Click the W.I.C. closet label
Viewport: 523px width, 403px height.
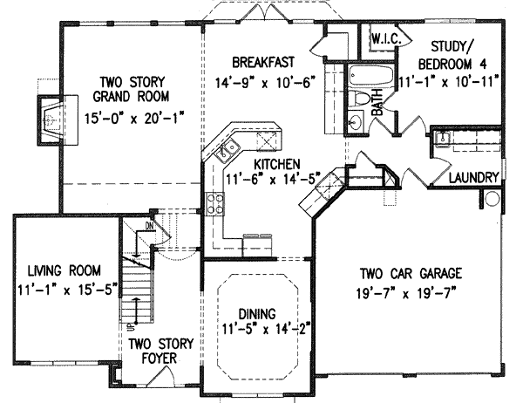point(384,40)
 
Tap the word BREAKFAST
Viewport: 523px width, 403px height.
point(261,63)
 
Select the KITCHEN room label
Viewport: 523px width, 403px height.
point(277,163)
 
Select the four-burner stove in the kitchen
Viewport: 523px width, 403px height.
point(214,205)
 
